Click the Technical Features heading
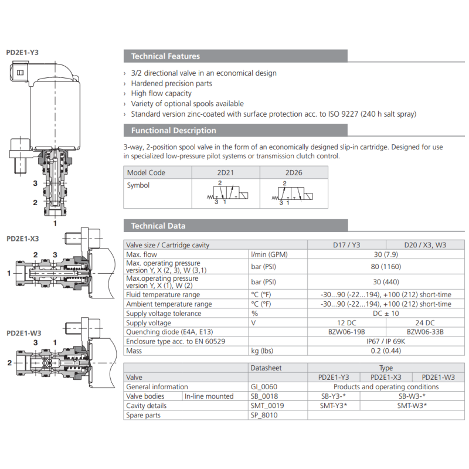[165, 56]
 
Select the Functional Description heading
[174, 130]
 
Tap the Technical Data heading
[158, 226]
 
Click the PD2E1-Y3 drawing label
[22, 52]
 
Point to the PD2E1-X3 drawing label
[22, 239]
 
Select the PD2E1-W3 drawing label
[23, 332]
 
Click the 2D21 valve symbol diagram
[226, 193]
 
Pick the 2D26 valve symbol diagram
[294, 193]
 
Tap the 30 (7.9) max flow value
[385, 254]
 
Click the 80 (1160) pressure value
[385, 267]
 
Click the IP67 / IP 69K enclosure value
[385, 341]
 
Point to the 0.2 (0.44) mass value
[385, 351]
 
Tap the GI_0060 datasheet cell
[264, 387]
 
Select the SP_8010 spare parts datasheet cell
[264, 415]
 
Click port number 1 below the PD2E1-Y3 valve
[55, 223]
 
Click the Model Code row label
[147, 172]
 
